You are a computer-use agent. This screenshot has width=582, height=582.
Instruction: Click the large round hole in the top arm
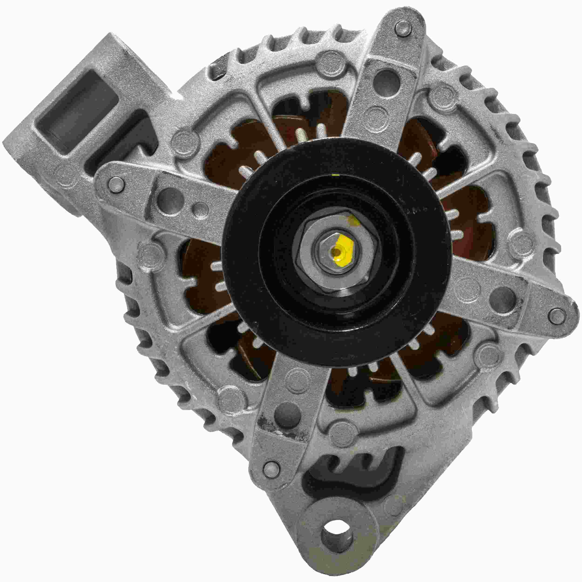pyautogui.click(x=384, y=79)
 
